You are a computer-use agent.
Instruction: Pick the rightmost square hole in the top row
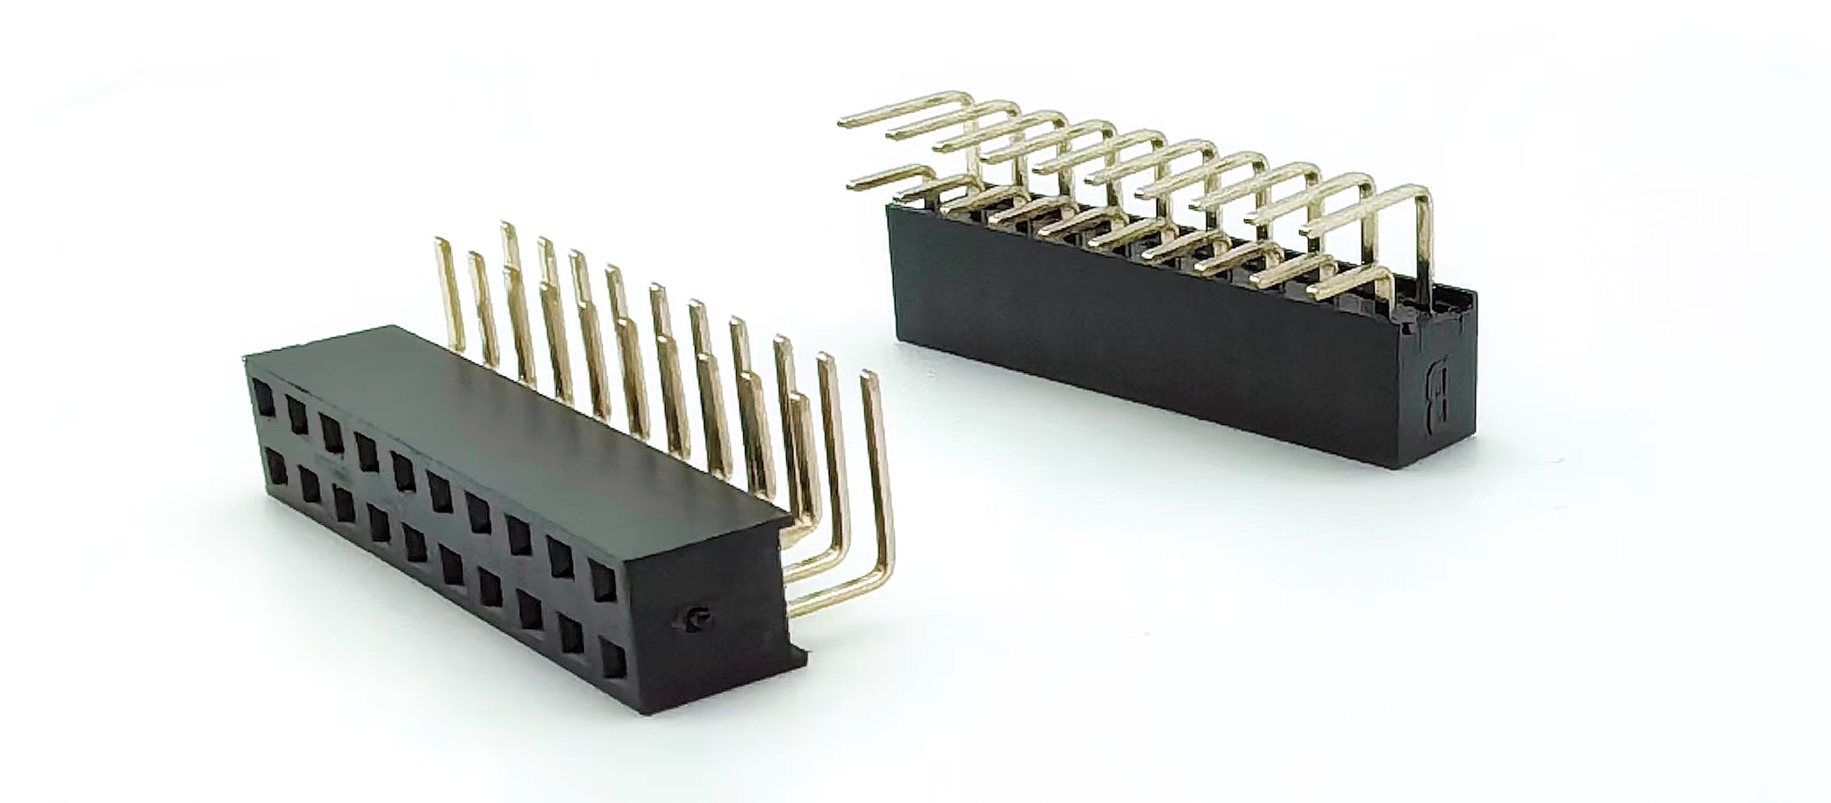pos(602,582)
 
